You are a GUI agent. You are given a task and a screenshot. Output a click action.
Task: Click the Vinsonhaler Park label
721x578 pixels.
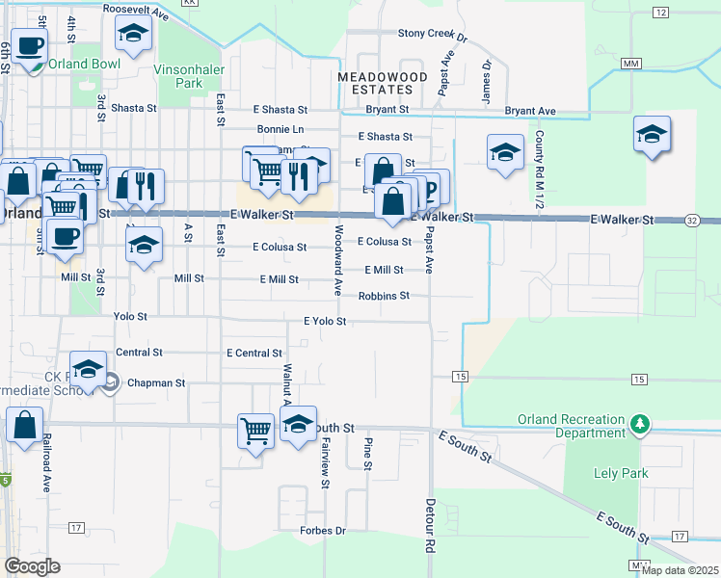pyautogui.click(x=193, y=76)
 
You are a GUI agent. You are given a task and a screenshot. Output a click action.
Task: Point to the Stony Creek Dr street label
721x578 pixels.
pyautogui.click(x=432, y=34)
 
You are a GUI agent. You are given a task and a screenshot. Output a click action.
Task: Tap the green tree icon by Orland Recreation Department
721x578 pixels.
pyautogui.click(x=639, y=424)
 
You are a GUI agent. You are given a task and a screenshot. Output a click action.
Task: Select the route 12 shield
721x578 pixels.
pyautogui.click(x=660, y=12)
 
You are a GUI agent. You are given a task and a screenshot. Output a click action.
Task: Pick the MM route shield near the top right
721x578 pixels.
pyautogui.click(x=631, y=64)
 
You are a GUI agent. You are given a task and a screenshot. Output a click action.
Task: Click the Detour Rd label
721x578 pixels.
pyautogui.click(x=429, y=525)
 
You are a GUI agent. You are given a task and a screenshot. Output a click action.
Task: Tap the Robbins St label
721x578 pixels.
pyautogui.click(x=384, y=296)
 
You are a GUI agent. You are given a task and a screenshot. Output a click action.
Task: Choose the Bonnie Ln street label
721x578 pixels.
pyautogui.click(x=280, y=129)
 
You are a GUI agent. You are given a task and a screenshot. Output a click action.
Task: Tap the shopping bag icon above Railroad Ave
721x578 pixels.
pyautogui.click(x=24, y=424)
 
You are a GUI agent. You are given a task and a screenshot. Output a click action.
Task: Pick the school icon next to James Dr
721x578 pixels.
pyautogui.click(x=504, y=152)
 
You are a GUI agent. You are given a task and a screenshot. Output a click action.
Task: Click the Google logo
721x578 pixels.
pyautogui.click(x=32, y=566)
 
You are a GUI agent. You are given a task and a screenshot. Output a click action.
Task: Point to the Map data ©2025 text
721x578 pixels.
pyautogui.click(x=680, y=570)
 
